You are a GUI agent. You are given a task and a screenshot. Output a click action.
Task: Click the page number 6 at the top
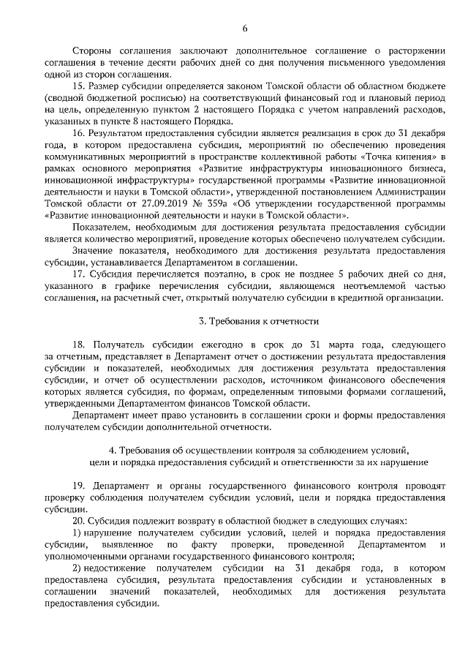click(x=245, y=28)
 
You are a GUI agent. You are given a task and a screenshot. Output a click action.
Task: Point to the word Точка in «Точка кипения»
click(x=367, y=157)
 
